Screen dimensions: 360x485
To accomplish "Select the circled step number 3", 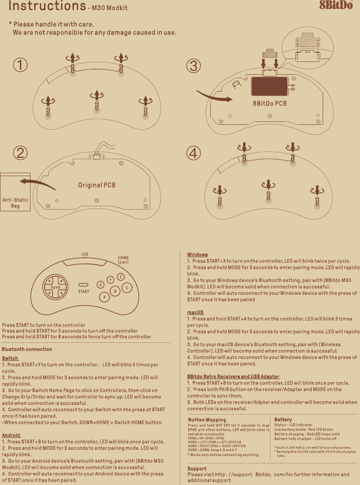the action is pyautogui.click(x=193, y=66).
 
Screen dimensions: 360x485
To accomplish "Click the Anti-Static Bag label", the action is pyautogui.click(x=15, y=203).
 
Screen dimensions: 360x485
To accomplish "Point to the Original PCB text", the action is pyautogui.click(x=97, y=185).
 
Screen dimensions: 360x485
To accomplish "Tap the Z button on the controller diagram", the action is pyautogui.click(x=120, y=277).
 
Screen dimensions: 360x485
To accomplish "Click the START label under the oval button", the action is pyautogui.click(x=84, y=292).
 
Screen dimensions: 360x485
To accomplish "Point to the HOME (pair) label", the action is pyautogui.click(x=123, y=260).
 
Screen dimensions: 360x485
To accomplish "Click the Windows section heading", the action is pyautogui.click(x=197, y=255).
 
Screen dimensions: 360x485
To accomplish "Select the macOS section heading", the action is pyautogui.click(x=195, y=312).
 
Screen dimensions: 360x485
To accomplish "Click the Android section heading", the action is pyautogui.click(x=11, y=435).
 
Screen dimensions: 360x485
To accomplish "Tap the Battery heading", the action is pyautogui.click(x=283, y=420).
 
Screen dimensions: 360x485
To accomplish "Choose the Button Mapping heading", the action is pyautogui.click(x=207, y=420).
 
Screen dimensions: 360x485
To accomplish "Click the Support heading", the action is pyautogui.click(x=197, y=469).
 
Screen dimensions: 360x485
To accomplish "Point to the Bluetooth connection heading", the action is pyautogui.click(x=27, y=349).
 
